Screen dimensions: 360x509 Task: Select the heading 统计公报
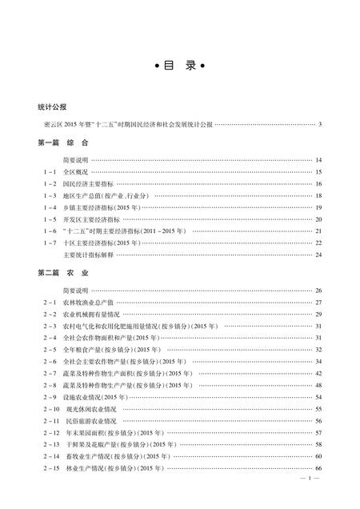52,106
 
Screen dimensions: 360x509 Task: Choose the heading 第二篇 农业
61,273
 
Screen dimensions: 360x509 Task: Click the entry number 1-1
50,172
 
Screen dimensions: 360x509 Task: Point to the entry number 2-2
50,315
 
